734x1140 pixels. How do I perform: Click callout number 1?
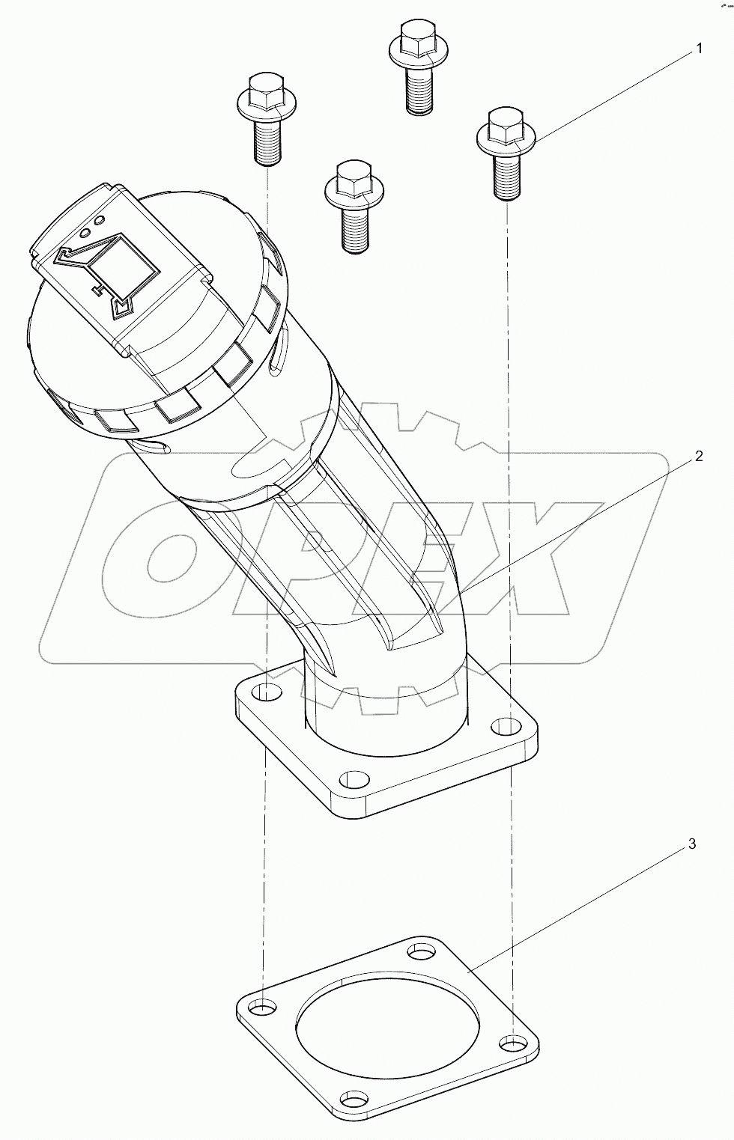pos(699,49)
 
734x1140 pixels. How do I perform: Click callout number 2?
pos(698,457)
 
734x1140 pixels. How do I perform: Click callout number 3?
pos(691,844)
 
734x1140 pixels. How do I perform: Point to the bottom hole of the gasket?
pos(354,1100)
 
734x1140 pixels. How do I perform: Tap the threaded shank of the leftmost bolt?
pos(267,144)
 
